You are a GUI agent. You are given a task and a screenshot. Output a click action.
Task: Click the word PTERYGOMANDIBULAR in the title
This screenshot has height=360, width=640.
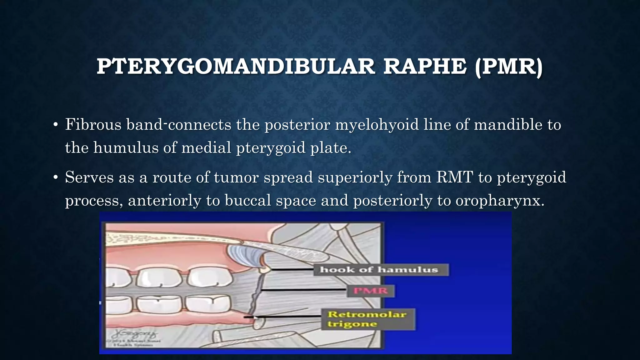(236, 67)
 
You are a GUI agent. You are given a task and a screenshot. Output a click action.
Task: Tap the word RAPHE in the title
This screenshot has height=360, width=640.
(425, 67)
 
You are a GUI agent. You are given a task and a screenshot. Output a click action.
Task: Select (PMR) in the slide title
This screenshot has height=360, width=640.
(508, 67)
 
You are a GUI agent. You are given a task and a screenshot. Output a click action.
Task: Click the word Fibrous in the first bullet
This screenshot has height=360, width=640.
(93, 125)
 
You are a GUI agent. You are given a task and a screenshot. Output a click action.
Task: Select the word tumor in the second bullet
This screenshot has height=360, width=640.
(236, 177)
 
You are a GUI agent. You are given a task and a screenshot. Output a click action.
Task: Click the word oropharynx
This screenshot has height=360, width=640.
(500, 200)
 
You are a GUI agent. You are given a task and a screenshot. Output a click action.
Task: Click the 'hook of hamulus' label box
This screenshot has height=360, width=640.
(381, 270)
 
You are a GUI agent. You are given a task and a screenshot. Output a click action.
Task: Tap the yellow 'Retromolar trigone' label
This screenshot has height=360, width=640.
(368, 319)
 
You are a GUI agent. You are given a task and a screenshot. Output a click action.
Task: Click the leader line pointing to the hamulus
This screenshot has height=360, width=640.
(292, 269)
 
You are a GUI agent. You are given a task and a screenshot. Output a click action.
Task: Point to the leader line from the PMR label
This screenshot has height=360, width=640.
(303, 290)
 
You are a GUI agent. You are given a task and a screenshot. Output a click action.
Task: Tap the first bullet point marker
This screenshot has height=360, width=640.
(56, 125)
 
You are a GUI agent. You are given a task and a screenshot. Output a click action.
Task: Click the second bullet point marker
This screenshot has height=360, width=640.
(56, 178)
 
